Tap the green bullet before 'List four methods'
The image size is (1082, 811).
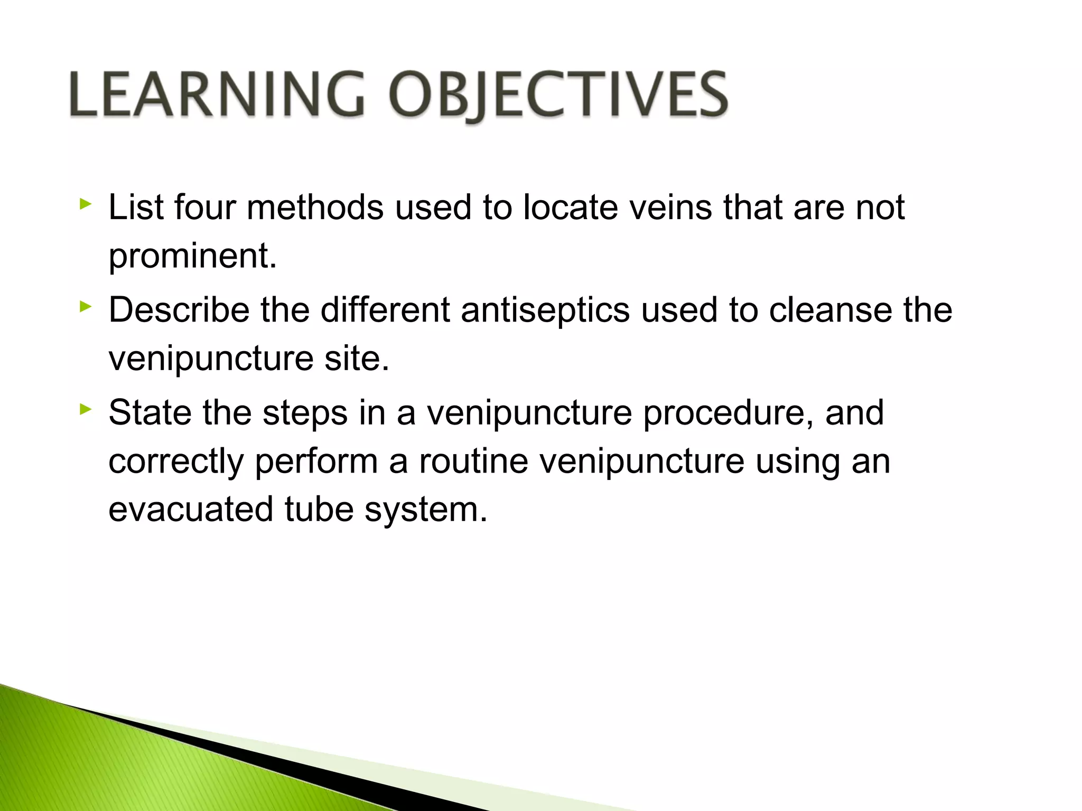(x=86, y=204)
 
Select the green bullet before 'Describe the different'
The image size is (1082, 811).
(x=86, y=307)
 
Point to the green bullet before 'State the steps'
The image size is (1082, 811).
(x=86, y=409)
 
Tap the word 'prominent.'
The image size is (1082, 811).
(x=193, y=256)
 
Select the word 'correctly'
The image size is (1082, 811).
(x=176, y=461)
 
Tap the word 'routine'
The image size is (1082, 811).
(x=473, y=461)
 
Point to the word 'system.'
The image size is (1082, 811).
(x=426, y=511)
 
